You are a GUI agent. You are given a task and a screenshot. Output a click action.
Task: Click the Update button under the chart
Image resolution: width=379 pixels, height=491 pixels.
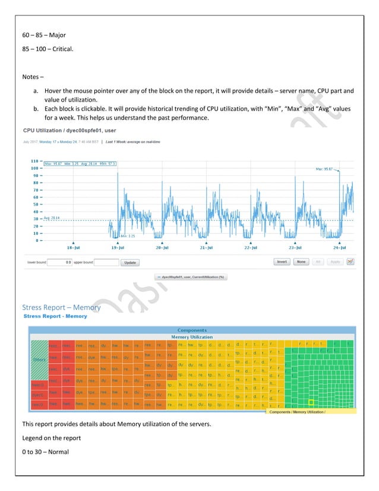click(130, 262)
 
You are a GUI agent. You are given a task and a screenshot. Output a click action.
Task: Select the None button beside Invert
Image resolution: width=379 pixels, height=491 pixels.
click(301, 262)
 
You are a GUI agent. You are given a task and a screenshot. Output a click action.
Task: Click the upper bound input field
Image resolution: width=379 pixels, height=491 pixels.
click(106, 262)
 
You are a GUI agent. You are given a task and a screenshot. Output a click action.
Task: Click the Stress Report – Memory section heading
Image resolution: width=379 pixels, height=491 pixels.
click(61, 307)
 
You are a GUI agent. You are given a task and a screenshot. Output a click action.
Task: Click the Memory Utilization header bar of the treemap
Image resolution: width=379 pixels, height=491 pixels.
click(192, 336)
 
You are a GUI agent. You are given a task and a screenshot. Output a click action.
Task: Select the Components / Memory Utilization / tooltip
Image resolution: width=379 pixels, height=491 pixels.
click(297, 411)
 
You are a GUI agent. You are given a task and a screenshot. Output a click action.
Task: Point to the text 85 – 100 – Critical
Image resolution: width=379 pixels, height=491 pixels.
click(48, 58)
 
